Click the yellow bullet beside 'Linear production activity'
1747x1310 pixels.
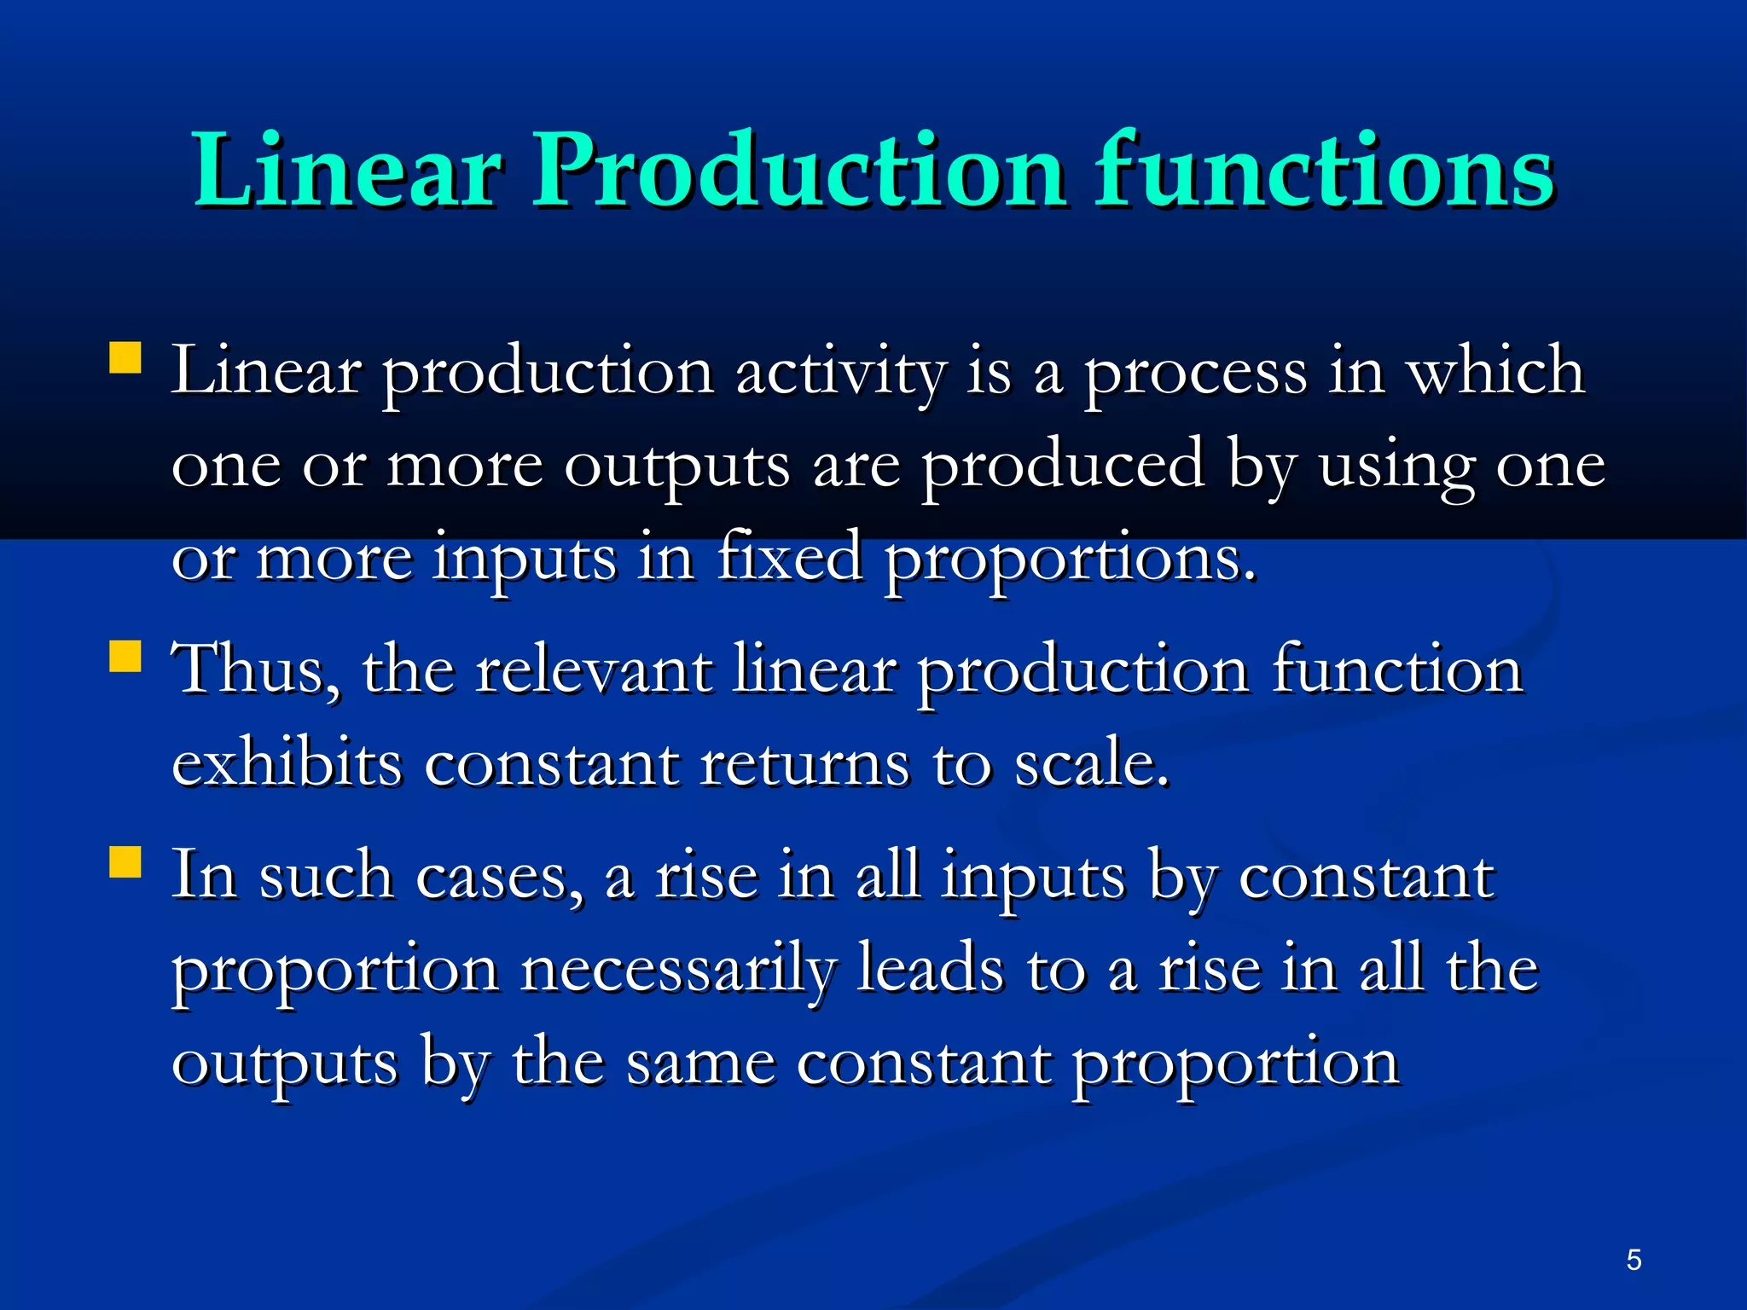(x=125, y=358)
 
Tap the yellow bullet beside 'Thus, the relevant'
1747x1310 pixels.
(x=125, y=657)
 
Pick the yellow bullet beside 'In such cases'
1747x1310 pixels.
(x=125, y=861)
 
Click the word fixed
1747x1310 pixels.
(x=789, y=559)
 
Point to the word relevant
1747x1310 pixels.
(x=594, y=670)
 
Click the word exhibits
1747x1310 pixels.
(x=287, y=763)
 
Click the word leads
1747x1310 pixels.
(x=930, y=971)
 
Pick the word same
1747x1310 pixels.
(x=701, y=1064)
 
